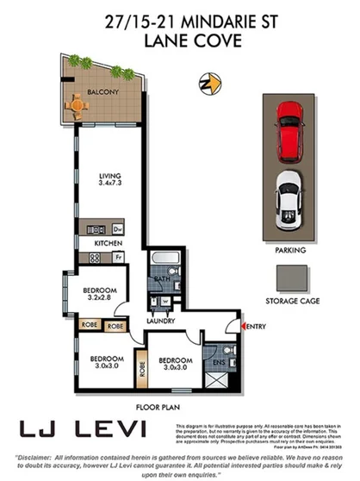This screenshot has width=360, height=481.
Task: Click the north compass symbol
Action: pos(204,84)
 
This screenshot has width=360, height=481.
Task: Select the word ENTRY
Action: pos(258,327)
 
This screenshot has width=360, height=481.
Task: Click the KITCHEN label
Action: pos(108,244)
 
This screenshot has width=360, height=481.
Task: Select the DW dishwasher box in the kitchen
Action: pos(116,228)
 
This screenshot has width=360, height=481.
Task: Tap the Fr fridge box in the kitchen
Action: pos(117,257)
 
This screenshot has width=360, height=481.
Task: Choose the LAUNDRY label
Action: pos(161,321)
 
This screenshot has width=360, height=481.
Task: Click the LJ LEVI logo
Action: pos(84,428)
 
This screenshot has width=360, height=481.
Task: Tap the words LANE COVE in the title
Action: pos(180,38)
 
